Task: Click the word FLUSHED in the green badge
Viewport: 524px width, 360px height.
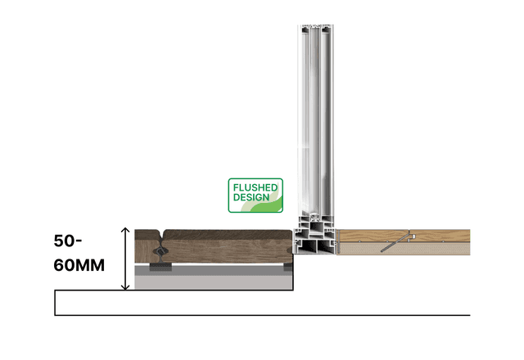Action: click(255, 187)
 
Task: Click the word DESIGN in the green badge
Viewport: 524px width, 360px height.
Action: click(251, 197)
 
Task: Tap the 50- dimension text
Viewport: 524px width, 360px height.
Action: click(68, 241)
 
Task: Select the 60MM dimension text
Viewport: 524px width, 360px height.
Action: click(79, 265)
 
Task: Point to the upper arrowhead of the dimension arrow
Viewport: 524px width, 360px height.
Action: click(125, 230)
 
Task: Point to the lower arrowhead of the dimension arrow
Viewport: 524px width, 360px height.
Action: click(125, 287)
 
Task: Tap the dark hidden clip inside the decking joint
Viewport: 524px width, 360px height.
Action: click(160, 251)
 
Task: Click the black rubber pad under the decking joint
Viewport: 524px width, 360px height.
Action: click(160, 267)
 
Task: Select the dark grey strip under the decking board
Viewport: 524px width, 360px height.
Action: click(214, 271)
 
